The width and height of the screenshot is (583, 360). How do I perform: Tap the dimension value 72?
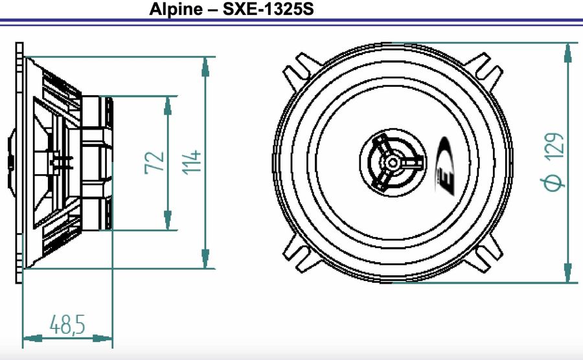pyautogui.click(x=155, y=163)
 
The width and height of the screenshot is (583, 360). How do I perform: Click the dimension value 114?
pyautogui.click(x=191, y=163)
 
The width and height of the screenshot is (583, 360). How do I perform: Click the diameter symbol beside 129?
pyautogui.click(x=554, y=181)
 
